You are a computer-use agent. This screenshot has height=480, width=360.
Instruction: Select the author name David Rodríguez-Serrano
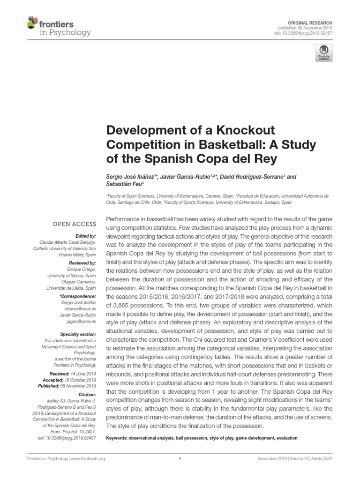point(255,176)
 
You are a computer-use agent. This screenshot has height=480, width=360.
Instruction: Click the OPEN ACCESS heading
point(74,224)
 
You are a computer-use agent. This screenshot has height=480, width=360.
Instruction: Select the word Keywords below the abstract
point(119,438)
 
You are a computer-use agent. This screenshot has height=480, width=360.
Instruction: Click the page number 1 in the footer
point(180,459)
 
